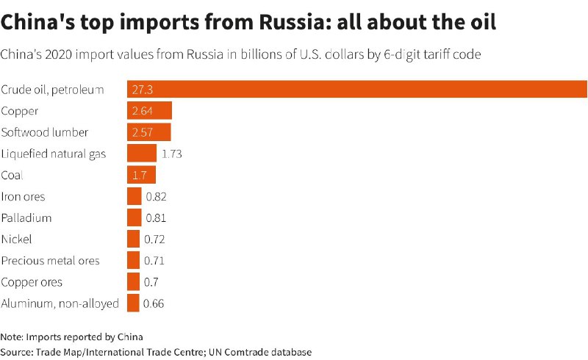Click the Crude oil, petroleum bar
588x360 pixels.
click(x=357, y=90)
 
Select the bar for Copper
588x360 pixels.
click(x=149, y=111)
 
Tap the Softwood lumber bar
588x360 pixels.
click(x=149, y=132)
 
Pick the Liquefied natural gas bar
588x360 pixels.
click(x=142, y=154)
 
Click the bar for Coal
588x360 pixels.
click(x=141, y=175)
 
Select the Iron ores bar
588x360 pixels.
click(x=134, y=196)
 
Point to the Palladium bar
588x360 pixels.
click(x=134, y=217)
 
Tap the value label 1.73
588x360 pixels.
click(x=171, y=154)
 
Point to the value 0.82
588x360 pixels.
click(x=157, y=196)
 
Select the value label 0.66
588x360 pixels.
click(x=154, y=303)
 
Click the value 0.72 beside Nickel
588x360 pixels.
click(x=155, y=239)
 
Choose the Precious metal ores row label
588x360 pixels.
click(x=51, y=260)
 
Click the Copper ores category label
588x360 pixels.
click(x=32, y=281)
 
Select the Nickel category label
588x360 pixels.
click(x=16, y=239)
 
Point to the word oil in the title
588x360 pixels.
click(x=480, y=22)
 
